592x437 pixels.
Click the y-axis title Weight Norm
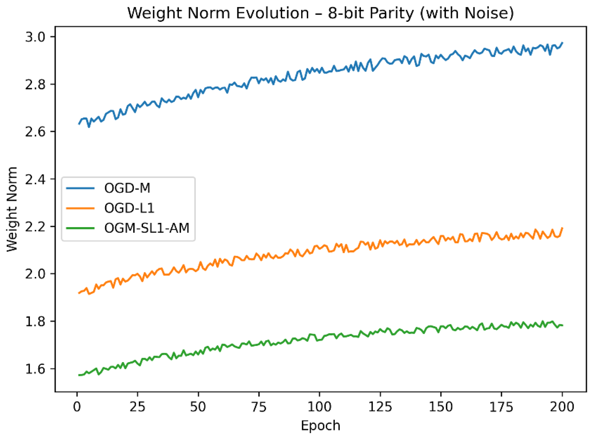(12, 209)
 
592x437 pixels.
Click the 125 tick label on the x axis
(380, 407)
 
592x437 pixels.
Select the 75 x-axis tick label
(259, 407)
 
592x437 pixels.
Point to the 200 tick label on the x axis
(562, 407)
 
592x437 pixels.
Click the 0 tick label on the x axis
(77, 407)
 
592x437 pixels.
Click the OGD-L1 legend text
(129, 208)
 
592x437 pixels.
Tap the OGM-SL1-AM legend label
(147, 228)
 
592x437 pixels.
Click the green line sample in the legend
(80, 228)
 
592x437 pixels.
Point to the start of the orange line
(79, 293)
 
